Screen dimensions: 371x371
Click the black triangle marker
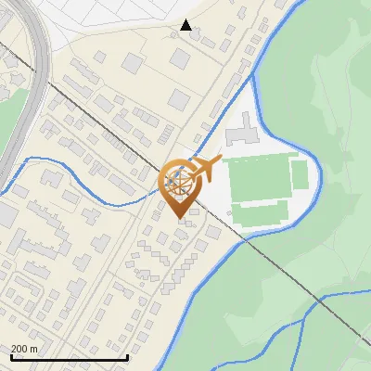coord(186,25)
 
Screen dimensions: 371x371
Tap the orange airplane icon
coord(204,168)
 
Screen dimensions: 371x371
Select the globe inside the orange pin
coord(178,182)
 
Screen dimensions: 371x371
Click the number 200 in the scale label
coord(20,349)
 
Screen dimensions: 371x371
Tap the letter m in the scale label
coord(34,349)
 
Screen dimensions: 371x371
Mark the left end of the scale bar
coord(10,358)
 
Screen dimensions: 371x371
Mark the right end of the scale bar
coord(127,358)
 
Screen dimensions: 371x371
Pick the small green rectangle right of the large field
coord(299,174)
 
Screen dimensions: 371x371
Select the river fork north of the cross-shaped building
coord(253,81)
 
